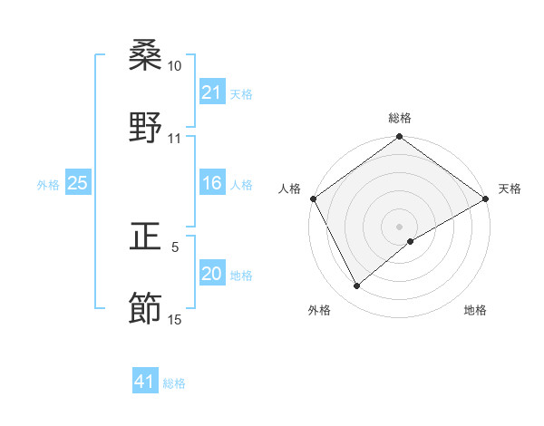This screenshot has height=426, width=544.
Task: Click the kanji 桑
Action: pos(146,56)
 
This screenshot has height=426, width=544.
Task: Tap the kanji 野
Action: pos(146,128)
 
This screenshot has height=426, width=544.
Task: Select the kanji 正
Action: pos(146,237)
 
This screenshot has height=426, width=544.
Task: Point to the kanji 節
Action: pos(146,309)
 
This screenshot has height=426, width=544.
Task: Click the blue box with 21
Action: pos(211,92)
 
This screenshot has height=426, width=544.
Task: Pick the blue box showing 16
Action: pos(211,183)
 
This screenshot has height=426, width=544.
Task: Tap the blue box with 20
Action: pos(211,274)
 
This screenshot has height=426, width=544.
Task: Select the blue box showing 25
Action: pos(77,183)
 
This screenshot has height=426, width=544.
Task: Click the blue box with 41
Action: pos(145,382)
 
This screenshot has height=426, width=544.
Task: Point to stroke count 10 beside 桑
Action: pos(174,67)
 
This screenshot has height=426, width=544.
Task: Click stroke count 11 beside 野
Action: pos(174,139)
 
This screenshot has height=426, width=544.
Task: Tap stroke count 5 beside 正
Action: pos(175,247)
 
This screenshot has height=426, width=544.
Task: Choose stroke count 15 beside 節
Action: pos(174,319)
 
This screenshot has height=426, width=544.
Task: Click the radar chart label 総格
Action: pos(400,118)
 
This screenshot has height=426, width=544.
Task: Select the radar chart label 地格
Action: pos(475,310)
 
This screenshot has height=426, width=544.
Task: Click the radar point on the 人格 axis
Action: pos(314,198)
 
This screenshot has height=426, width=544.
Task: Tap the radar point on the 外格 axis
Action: pos(357,286)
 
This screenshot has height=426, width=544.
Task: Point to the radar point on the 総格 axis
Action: pos(400,137)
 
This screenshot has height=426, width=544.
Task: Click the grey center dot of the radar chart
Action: pos(400,226)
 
